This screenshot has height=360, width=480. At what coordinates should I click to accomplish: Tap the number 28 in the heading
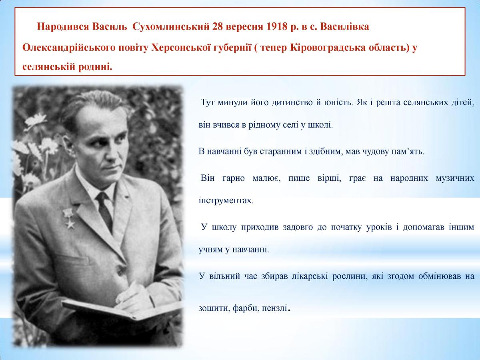[218, 27]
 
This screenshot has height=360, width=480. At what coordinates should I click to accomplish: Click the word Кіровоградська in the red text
[328, 48]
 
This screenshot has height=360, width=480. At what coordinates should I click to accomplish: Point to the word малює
[266, 178]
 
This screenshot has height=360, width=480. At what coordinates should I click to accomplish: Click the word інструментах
[226, 200]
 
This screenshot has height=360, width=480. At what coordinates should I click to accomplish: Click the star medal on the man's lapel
[68, 218]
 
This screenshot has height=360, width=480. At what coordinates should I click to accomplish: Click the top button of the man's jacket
[120, 270]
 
